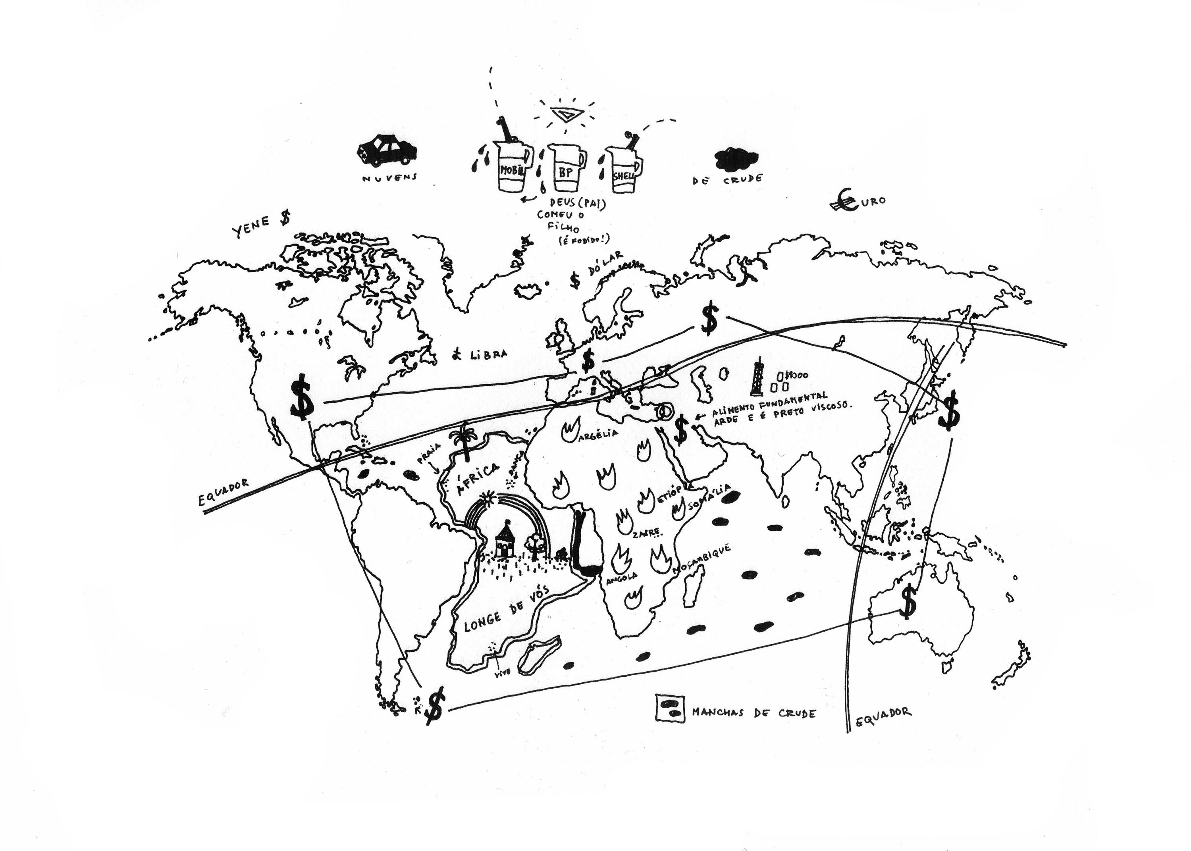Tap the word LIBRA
click(488, 354)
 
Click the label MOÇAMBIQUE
click(703, 558)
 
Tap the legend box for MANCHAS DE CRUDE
click(670, 709)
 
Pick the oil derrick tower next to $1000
click(757, 376)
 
